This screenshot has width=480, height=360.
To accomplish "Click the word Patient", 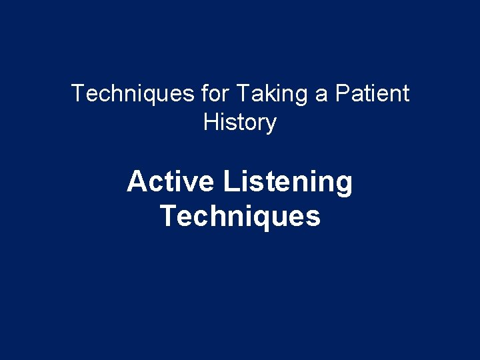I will (x=372, y=93).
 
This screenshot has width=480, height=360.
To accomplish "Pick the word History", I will (x=239, y=123).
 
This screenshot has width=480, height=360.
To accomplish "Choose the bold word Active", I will (x=171, y=181).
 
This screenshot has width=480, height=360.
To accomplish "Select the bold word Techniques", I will (x=240, y=217).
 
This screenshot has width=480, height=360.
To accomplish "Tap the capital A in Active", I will (x=137, y=181).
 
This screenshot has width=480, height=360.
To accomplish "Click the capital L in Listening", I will (x=231, y=181).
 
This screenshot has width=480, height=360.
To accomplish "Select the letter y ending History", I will (x=271, y=125).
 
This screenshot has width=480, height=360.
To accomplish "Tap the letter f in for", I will (x=204, y=93).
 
